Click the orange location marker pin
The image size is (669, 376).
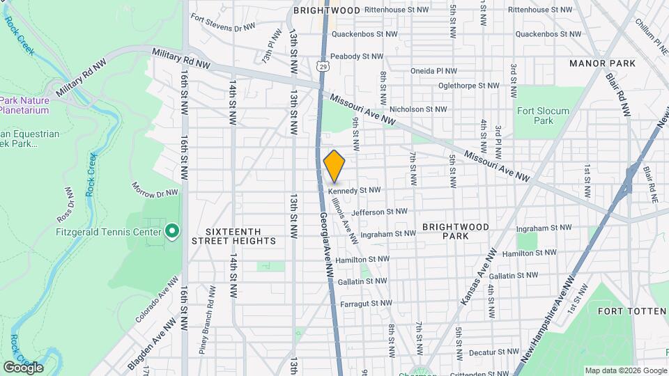(334, 166)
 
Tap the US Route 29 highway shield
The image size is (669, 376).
(321, 66)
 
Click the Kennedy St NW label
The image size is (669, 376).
(354, 189)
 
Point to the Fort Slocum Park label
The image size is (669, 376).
(543, 116)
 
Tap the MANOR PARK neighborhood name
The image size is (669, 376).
(602, 63)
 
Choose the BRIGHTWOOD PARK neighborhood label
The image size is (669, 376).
(455, 232)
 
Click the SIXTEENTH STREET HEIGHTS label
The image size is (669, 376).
(241, 236)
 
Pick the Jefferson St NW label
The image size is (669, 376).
(380, 212)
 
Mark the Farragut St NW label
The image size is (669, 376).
(366, 304)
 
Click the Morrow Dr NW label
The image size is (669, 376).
(155, 189)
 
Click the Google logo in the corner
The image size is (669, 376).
(24, 367)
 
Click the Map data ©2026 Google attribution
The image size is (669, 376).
(624, 370)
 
